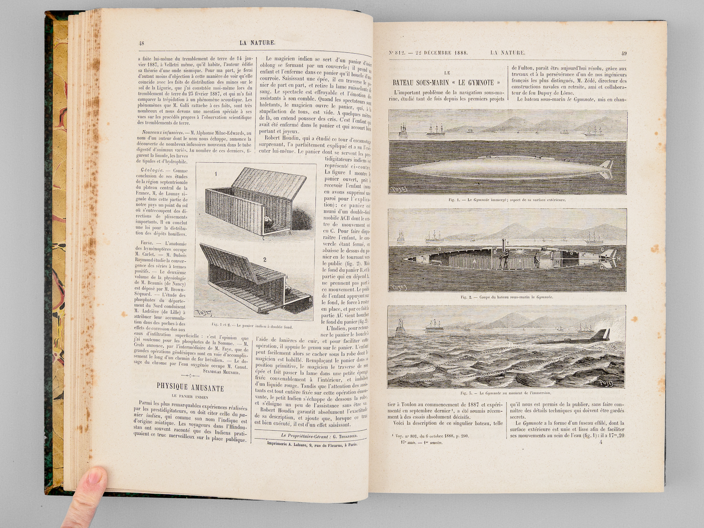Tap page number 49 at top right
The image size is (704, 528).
coord(623,53)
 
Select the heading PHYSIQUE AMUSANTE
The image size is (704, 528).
coord(190,388)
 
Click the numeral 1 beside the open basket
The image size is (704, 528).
coord(216,174)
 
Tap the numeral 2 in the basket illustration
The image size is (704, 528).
coord(264,260)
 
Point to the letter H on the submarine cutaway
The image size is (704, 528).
coord(618,259)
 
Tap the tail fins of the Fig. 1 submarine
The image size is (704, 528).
coord(606,169)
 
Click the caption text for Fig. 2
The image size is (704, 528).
coord(506,297)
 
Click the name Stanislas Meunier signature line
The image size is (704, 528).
coord(221,372)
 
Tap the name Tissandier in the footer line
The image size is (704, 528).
coord(343,435)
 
